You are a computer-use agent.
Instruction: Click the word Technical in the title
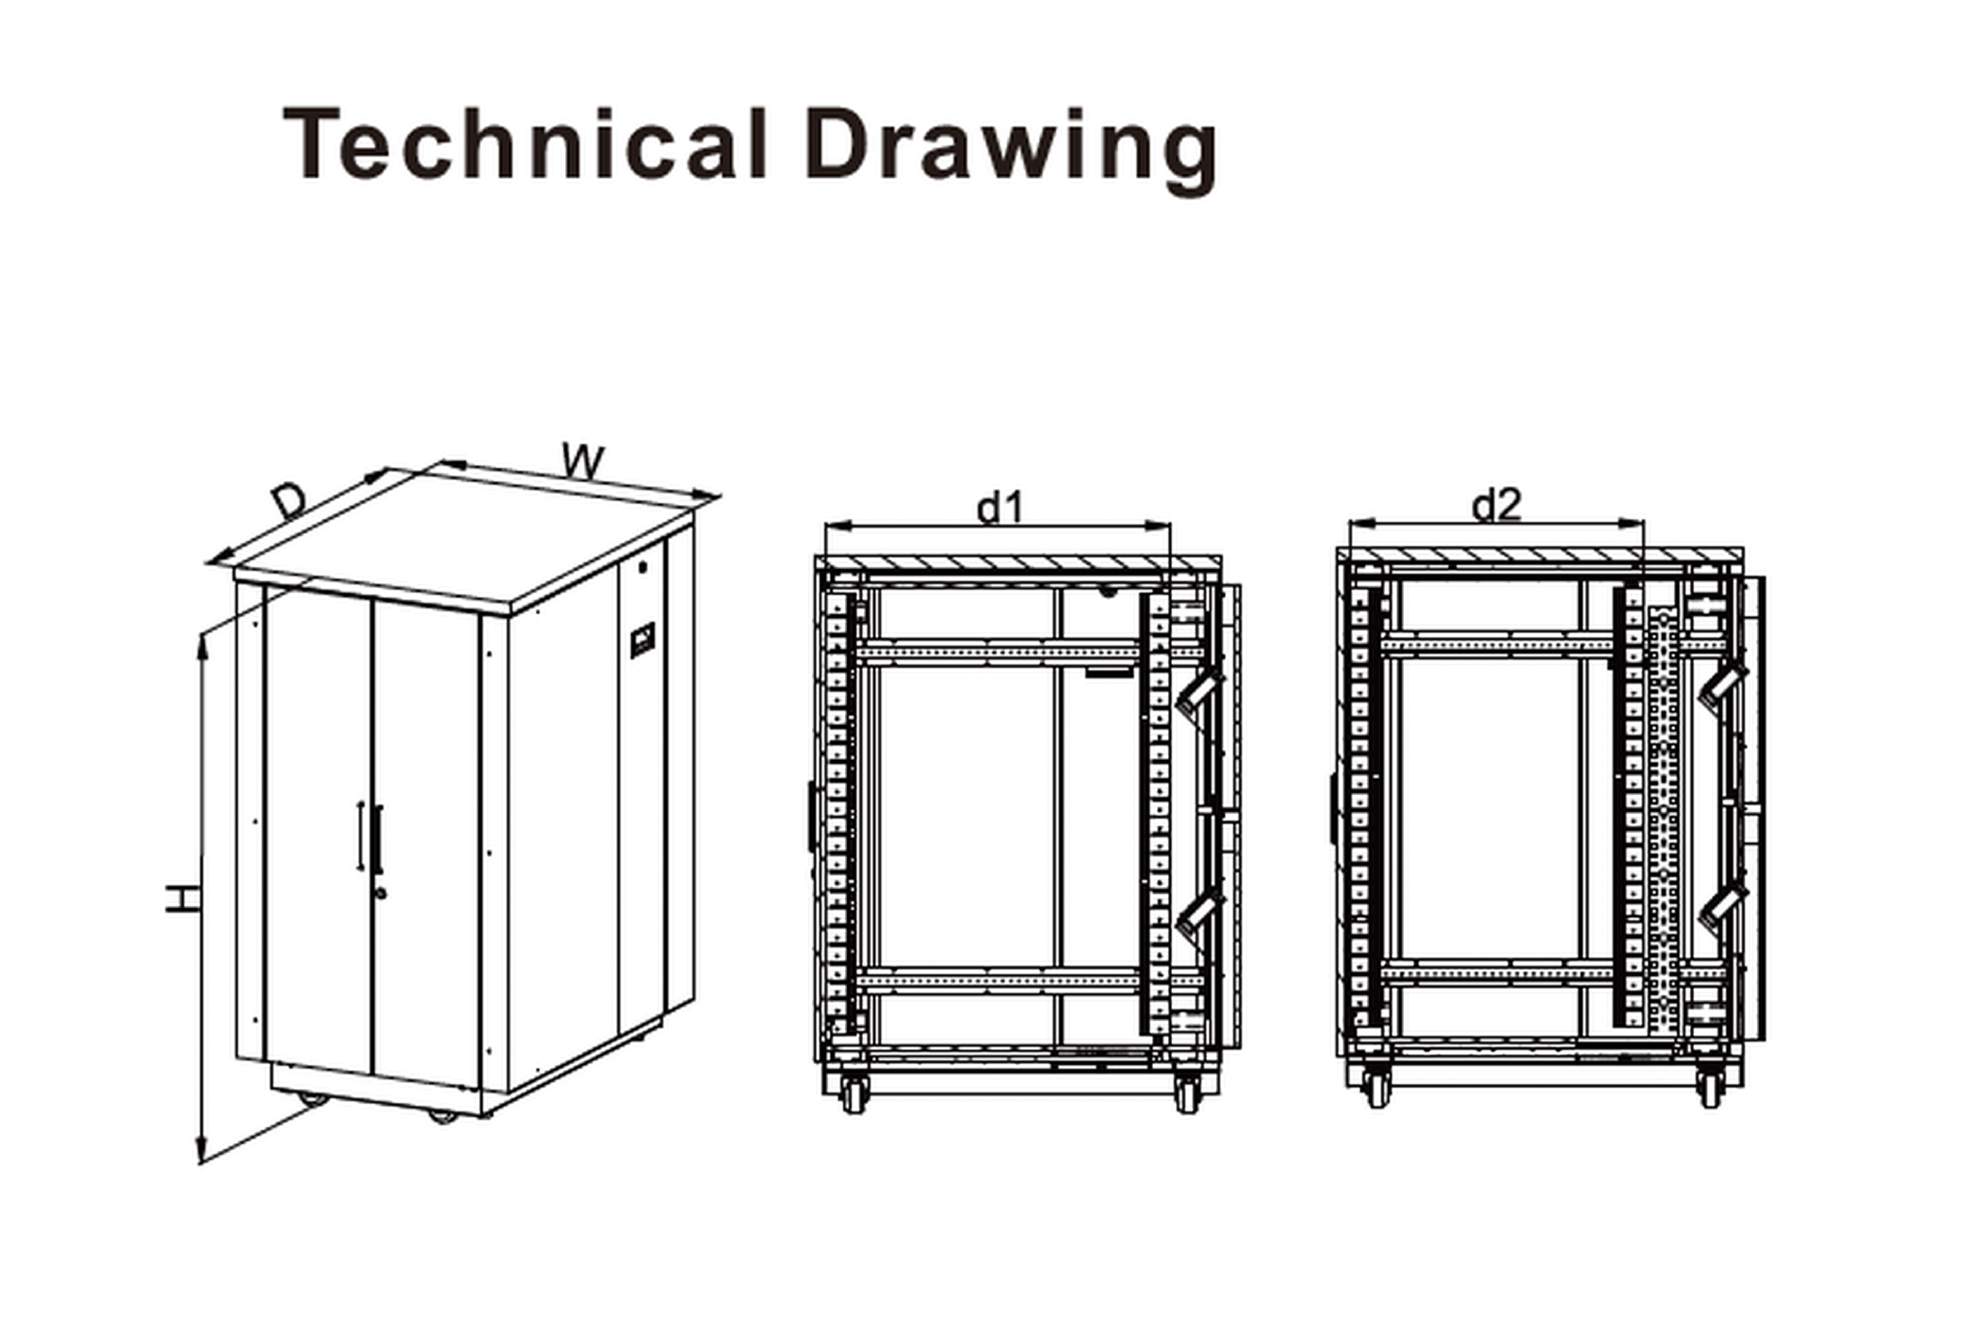(524, 143)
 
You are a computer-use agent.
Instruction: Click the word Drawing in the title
(1012, 150)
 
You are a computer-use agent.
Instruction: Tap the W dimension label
(583, 461)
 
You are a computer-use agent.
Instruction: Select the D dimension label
(288, 500)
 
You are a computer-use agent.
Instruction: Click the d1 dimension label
(999, 509)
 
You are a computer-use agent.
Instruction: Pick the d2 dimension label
(1496, 506)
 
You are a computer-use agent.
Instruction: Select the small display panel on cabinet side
(643, 640)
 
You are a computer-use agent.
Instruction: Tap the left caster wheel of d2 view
(1376, 1089)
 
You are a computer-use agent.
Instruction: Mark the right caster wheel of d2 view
(1710, 1089)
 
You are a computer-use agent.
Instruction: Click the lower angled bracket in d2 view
(1723, 905)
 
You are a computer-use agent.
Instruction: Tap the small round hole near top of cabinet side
(643, 568)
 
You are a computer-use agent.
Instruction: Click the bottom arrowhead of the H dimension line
(201, 1153)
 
